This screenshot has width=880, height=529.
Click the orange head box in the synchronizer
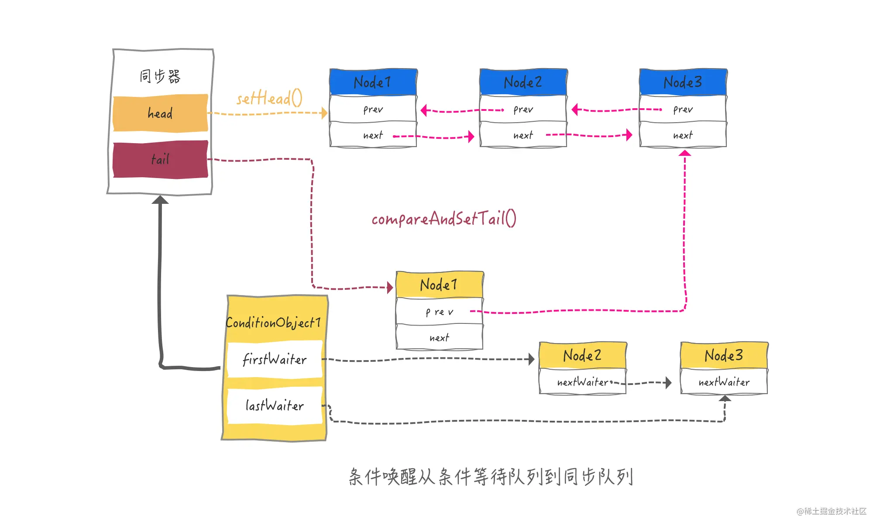click(160, 113)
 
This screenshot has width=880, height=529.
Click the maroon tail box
click(160, 159)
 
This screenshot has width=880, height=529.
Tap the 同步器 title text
click(160, 76)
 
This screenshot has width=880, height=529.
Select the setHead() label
click(269, 98)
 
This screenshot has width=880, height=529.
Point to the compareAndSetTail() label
click(444, 218)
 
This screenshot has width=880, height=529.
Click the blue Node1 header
click(373, 82)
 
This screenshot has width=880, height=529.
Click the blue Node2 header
click(523, 82)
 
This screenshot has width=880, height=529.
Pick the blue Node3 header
click(683, 82)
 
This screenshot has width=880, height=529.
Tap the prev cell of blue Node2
click(523, 109)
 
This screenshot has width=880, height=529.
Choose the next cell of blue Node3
click(683, 135)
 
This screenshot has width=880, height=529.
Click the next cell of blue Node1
click(373, 135)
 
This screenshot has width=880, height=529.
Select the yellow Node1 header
click(440, 285)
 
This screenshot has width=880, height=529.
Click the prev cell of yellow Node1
click(440, 312)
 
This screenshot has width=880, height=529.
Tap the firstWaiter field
click(275, 360)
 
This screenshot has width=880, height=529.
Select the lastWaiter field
click(275, 405)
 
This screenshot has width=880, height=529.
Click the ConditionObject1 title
click(274, 323)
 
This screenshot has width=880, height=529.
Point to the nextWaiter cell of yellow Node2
click(583, 382)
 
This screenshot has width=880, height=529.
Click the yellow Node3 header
click(724, 355)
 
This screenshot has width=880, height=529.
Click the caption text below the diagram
click(491, 477)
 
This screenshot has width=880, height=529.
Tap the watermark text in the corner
click(832, 511)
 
